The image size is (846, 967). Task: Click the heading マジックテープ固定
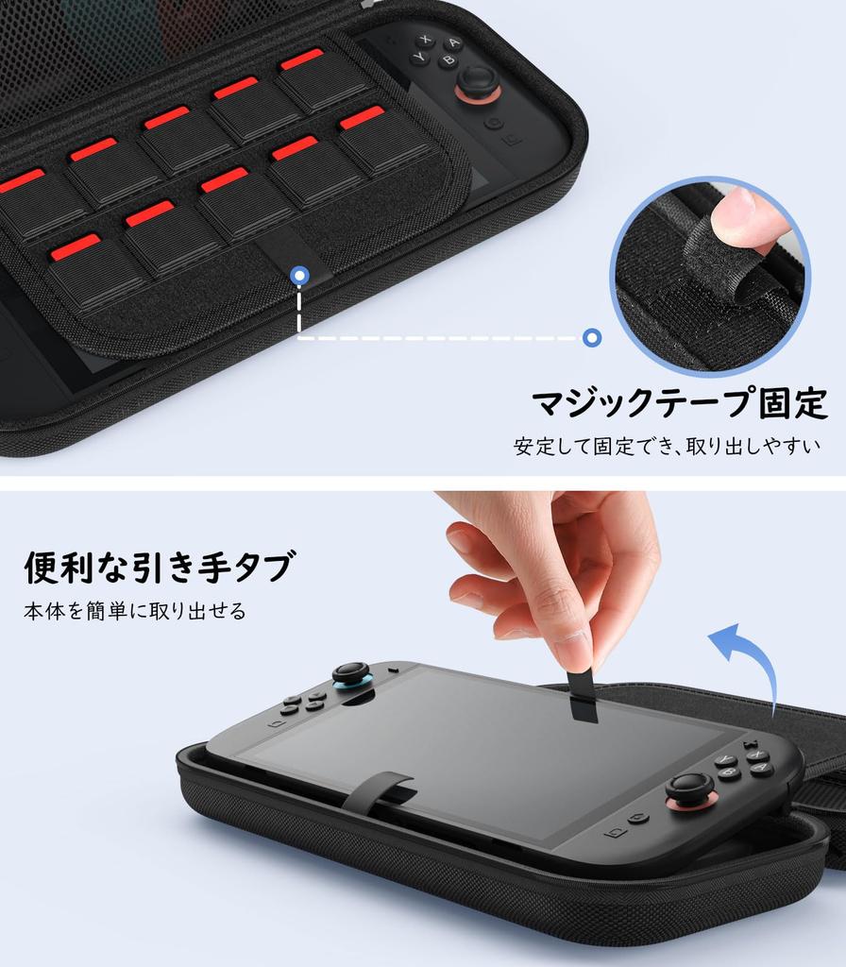coord(679,403)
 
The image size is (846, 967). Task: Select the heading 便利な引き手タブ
coord(159,567)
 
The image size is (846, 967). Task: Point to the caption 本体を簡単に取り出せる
coord(134,611)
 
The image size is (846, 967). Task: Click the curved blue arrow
coord(746,661)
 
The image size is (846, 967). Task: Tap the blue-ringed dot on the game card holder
coord(299,276)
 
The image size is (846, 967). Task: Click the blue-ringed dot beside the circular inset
coord(592,337)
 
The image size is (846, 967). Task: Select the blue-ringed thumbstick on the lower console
coord(352,675)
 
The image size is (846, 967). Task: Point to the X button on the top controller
coord(427,40)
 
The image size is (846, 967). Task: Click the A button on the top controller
coord(454,43)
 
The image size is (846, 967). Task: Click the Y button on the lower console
coord(725,759)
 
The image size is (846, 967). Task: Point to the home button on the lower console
coord(639,817)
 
